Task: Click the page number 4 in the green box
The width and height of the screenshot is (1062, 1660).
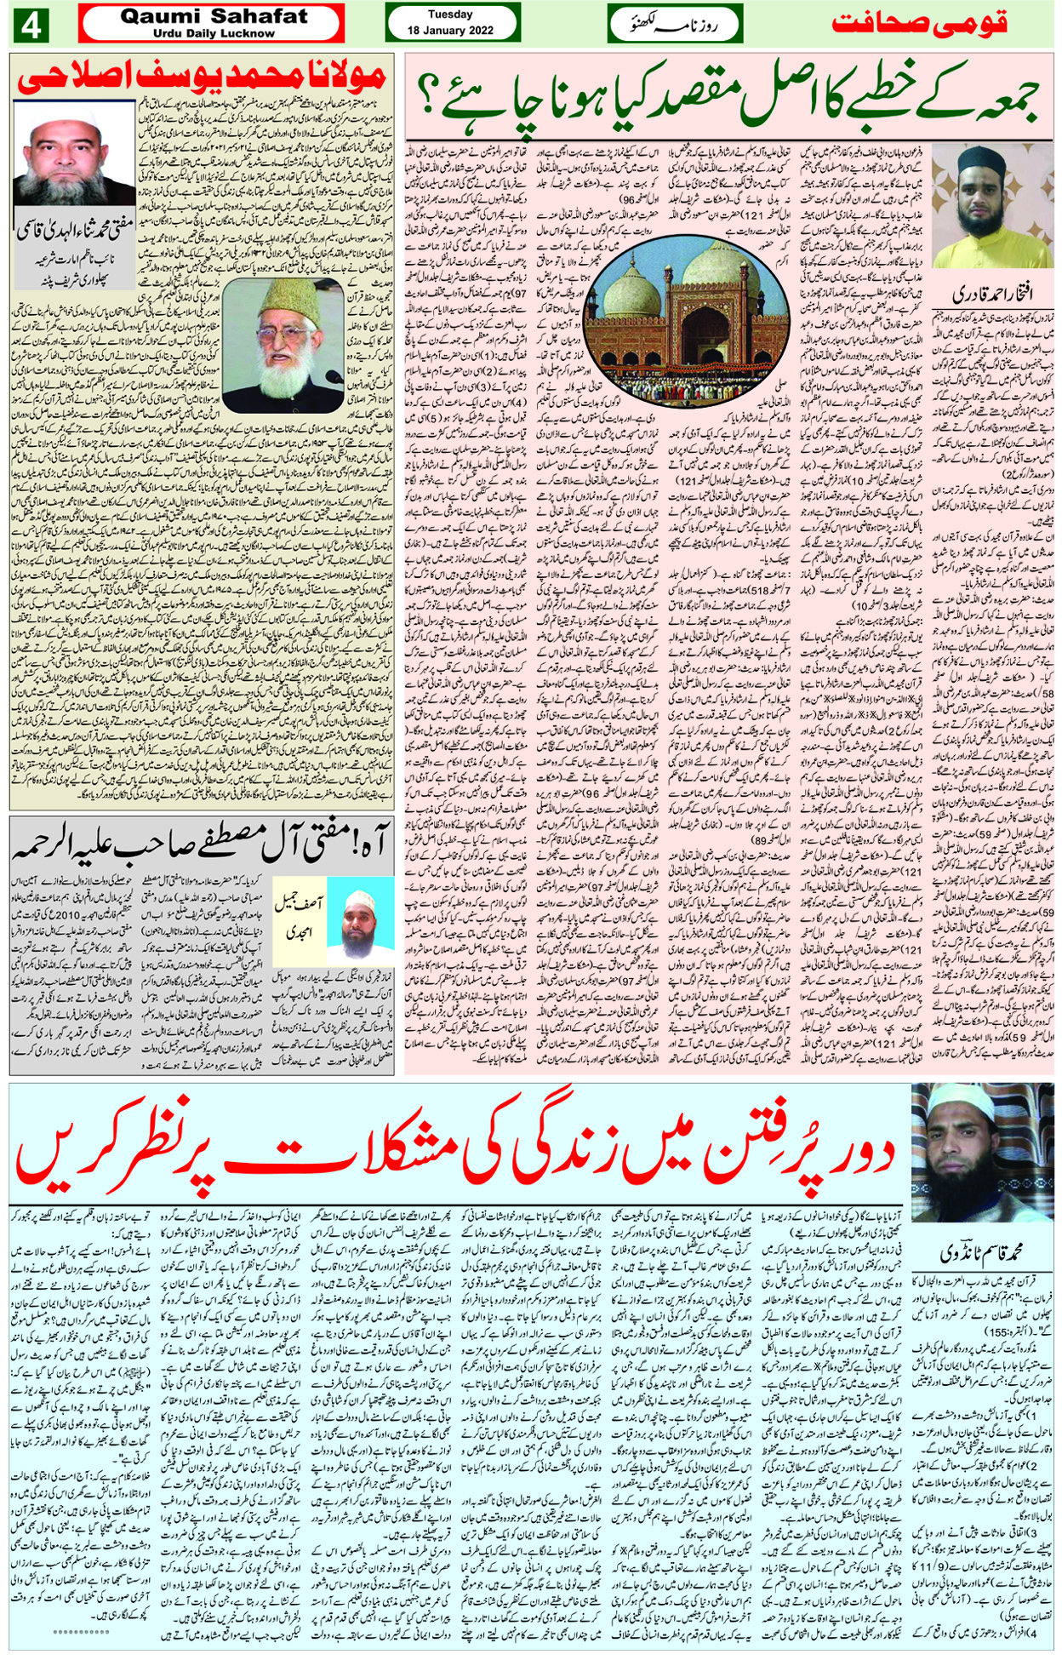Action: coord(31,24)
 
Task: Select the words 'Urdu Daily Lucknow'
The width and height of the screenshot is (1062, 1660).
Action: coord(214,33)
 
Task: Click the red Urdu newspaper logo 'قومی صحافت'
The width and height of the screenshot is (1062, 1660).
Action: coord(918,23)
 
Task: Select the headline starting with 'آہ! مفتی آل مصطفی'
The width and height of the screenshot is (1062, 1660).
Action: coord(202,844)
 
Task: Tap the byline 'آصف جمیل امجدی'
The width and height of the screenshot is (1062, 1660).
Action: coord(298,919)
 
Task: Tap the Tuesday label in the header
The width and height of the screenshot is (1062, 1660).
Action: coord(451,14)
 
